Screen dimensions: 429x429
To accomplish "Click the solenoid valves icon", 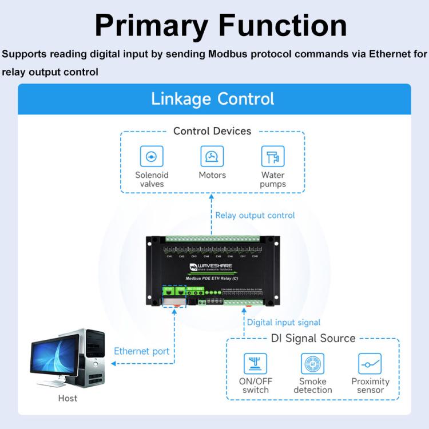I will [x=152, y=156].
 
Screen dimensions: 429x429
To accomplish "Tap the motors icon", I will [x=212, y=156].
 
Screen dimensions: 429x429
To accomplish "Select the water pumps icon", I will [x=273, y=156].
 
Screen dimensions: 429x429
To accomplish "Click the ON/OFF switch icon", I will [x=255, y=364].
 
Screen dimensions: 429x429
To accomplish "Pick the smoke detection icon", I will [x=312, y=364].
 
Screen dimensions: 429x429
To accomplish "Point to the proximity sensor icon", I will [x=370, y=364].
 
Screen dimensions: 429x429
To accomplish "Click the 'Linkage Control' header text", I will [x=213, y=98].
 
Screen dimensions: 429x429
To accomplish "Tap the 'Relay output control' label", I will [x=255, y=216].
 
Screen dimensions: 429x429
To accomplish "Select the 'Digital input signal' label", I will [x=284, y=323].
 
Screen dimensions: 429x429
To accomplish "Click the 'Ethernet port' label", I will [x=142, y=351].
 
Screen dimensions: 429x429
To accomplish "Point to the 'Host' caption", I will [x=67, y=398].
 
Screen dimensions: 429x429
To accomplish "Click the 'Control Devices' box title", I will [x=212, y=131].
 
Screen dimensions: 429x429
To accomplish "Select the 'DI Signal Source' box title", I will [x=313, y=339].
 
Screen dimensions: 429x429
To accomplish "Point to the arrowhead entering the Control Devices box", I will [x=212, y=199].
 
